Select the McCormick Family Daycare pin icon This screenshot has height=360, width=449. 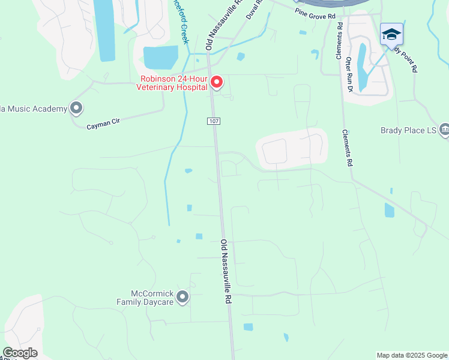[182, 297]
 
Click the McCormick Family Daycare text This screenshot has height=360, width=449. [152, 298]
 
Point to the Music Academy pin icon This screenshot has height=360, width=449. [76, 108]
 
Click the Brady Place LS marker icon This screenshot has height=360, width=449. [444, 129]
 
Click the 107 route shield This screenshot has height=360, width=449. [214, 121]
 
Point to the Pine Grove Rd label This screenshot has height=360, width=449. [315, 16]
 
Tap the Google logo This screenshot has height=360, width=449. [20, 352]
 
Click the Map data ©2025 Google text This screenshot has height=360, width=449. [411, 355]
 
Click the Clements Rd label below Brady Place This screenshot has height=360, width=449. [347, 148]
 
